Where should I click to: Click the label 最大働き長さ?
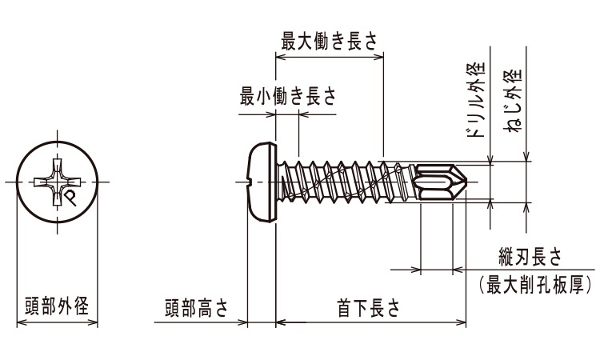(x=330, y=41)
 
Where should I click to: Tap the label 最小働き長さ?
(x=288, y=96)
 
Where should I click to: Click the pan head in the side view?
(x=262, y=182)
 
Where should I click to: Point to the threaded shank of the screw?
(x=344, y=182)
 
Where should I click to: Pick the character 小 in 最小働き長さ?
(x=268, y=96)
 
